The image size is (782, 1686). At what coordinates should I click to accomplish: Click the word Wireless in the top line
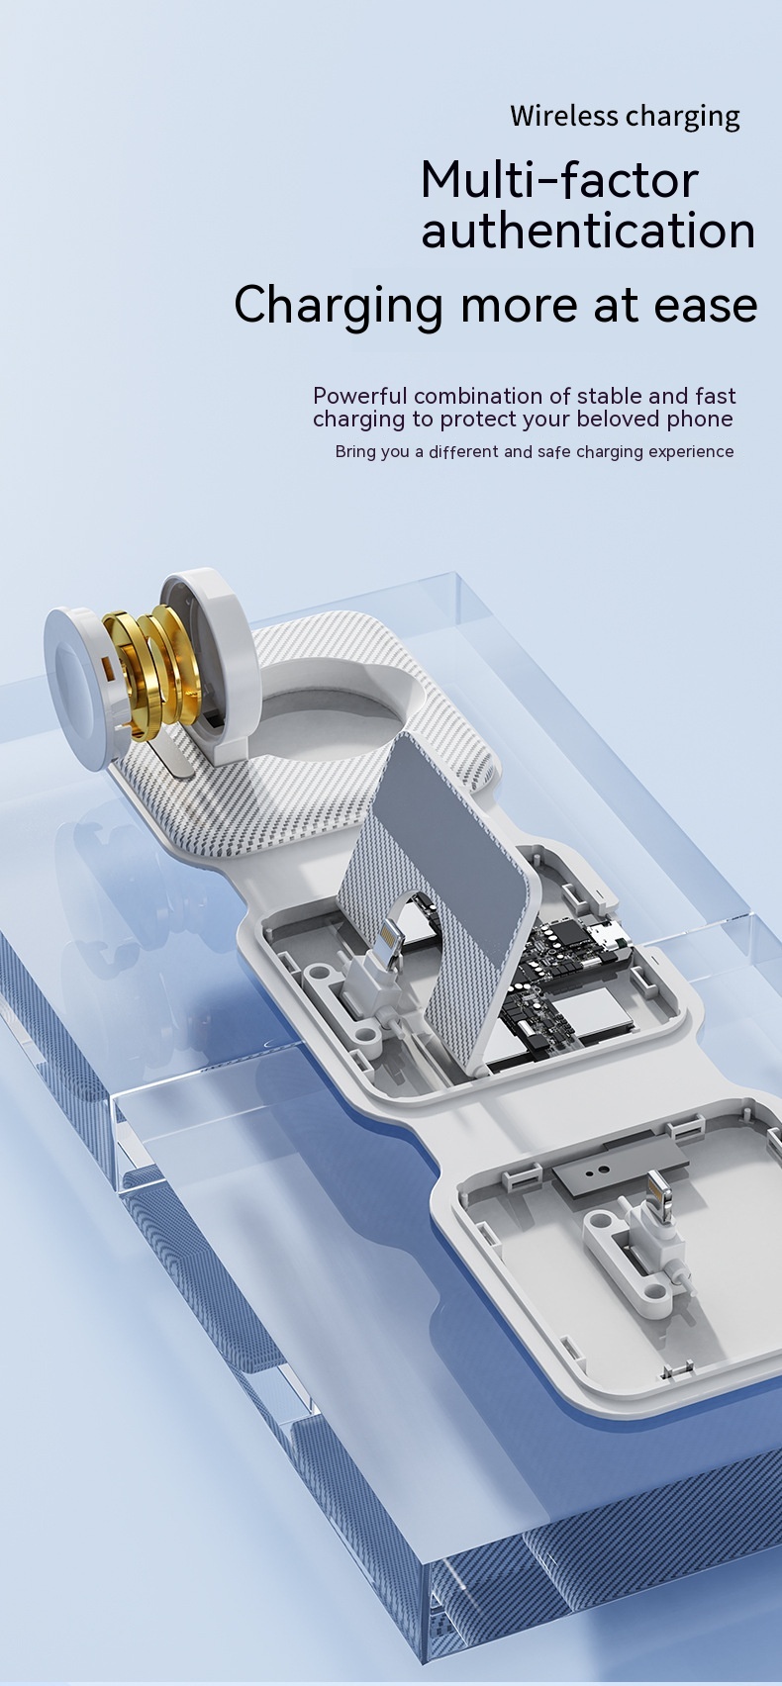click(564, 116)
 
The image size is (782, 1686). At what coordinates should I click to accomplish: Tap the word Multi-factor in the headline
click(559, 180)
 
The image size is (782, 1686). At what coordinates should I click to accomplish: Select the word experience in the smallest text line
click(691, 451)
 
